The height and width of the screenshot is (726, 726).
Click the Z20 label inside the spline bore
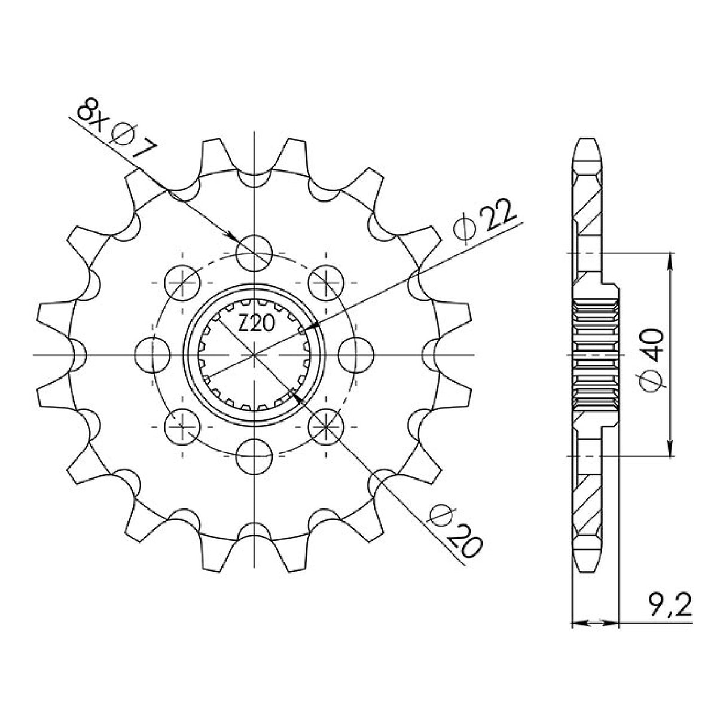coord(256,325)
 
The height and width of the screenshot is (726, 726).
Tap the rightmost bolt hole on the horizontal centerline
coord(356,355)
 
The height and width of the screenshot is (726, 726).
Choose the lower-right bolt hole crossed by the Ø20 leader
coord(327,426)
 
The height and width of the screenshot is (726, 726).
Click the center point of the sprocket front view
coord(255,355)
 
